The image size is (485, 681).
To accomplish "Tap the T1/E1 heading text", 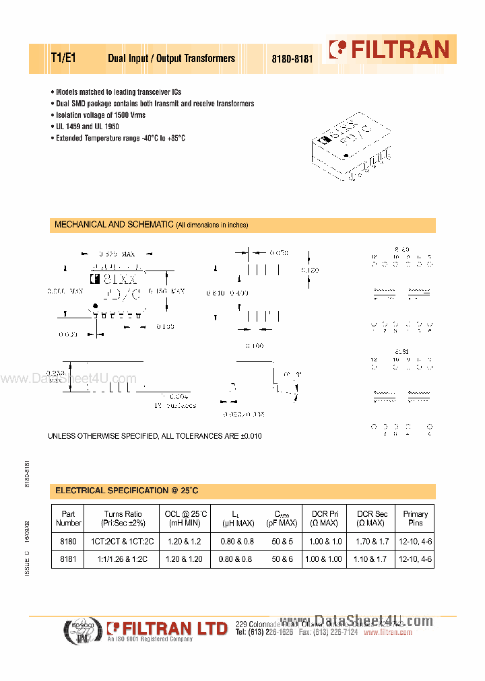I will [x=64, y=58].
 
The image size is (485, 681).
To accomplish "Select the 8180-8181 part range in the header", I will [x=292, y=59].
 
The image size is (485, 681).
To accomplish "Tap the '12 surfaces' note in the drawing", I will [x=174, y=406].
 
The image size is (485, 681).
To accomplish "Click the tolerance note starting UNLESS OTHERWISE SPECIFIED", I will [x=154, y=436].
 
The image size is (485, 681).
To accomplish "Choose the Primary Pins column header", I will [x=415, y=518].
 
